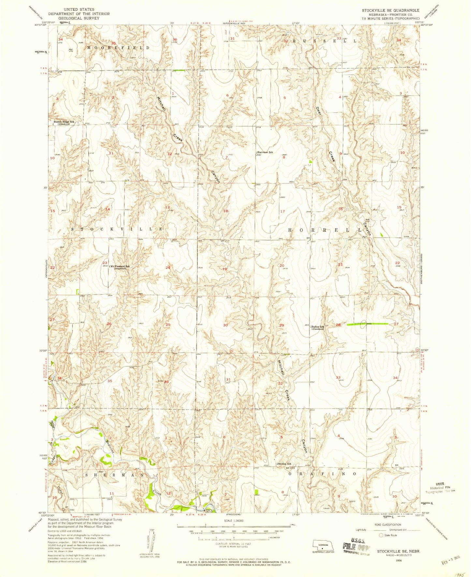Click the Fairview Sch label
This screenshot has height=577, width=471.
265,152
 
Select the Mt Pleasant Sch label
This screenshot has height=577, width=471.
120,267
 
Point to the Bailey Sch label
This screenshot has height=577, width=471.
317,327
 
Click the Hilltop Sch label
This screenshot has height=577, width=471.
284,464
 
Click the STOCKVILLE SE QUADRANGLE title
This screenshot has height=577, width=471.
390,10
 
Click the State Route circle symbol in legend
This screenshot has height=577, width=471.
380,535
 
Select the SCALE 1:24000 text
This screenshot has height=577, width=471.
233,521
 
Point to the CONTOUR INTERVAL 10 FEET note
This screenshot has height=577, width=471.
233,544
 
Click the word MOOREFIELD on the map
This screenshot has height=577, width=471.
118,48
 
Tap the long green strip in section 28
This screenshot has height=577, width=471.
367,324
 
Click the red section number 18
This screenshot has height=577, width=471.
226,211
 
